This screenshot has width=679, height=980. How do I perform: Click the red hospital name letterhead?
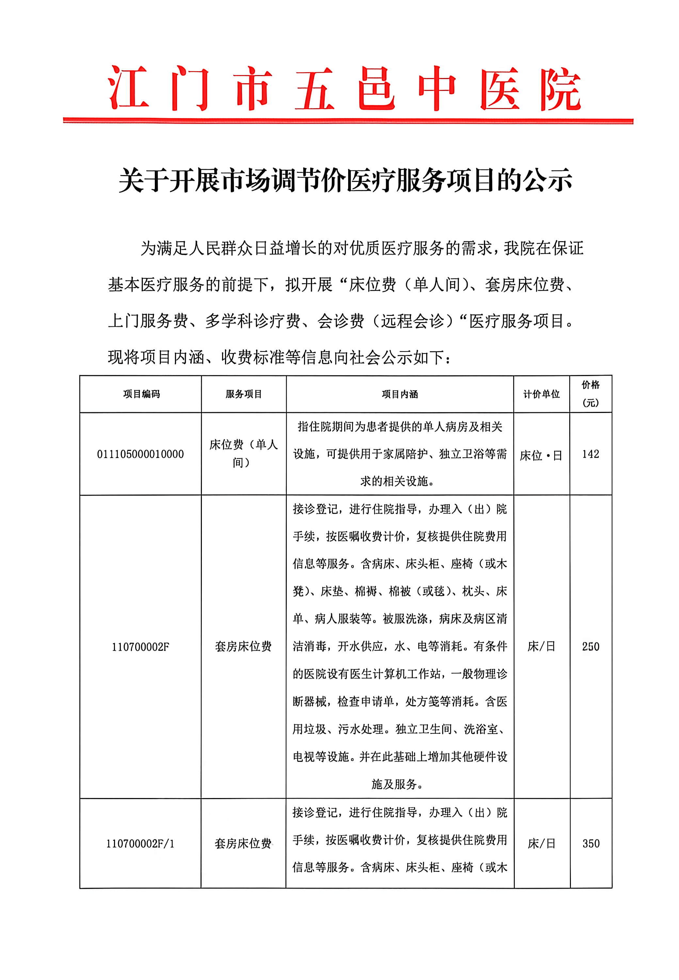[x=345, y=88]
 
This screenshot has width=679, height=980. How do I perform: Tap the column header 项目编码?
[x=141, y=395]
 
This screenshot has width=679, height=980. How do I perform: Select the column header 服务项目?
[x=243, y=395]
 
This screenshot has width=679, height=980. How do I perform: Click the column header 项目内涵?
[x=399, y=395]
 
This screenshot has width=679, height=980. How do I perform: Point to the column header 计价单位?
[x=541, y=395]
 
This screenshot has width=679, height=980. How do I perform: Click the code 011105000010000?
[x=140, y=454]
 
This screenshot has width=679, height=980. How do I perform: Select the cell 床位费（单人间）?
[x=243, y=454]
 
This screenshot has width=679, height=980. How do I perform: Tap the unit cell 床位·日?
[x=541, y=456]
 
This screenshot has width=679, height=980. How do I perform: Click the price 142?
[x=590, y=454]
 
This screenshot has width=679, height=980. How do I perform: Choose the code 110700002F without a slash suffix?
[x=140, y=647]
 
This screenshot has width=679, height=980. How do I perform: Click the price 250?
[x=590, y=647]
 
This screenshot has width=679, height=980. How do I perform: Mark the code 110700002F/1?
[x=140, y=844]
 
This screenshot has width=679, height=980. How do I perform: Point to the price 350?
[x=590, y=843]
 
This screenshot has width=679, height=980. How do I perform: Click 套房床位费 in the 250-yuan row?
[x=243, y=647]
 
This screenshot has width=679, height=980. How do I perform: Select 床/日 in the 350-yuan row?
[x=541, y=844]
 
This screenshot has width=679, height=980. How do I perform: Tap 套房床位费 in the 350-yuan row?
[x=243, y=844]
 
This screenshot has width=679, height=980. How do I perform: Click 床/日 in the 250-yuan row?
[x=541, y=647]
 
